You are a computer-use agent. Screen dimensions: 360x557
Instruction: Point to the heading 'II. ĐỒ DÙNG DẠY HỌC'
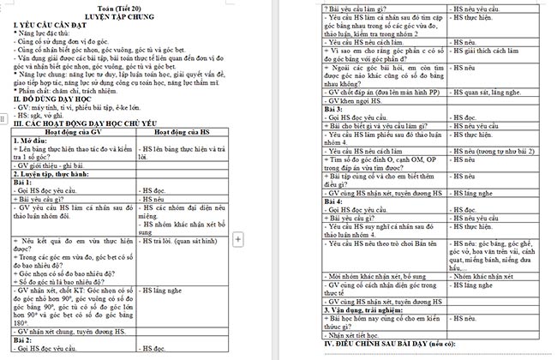[54, 99]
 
